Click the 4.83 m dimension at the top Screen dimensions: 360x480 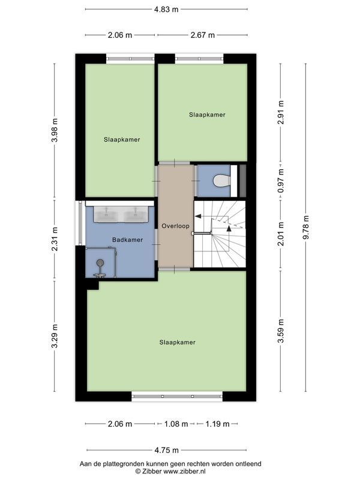[166, 9]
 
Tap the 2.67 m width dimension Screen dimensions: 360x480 [203, 35]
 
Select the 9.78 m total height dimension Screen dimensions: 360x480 [306, 227]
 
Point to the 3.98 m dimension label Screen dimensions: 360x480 [55, 130]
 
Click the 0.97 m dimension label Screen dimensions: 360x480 [280, 181]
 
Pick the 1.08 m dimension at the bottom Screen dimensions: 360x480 [176, 424]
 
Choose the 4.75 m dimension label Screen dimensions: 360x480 [167, 451]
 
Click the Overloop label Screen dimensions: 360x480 [175, 226]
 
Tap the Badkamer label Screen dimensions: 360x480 [127, 239]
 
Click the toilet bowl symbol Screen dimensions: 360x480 [221, 181]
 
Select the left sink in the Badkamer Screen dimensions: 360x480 [106, 214]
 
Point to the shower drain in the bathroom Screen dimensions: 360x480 [100, 262]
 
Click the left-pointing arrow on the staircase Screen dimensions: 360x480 [199, 216]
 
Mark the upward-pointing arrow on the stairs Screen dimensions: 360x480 [229, 228]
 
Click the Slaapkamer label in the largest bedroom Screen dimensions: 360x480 [177, 342]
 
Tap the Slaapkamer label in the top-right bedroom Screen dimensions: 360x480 [207, 115]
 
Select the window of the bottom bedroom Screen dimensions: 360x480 [177, 396]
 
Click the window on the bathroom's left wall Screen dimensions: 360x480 [80, 223]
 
